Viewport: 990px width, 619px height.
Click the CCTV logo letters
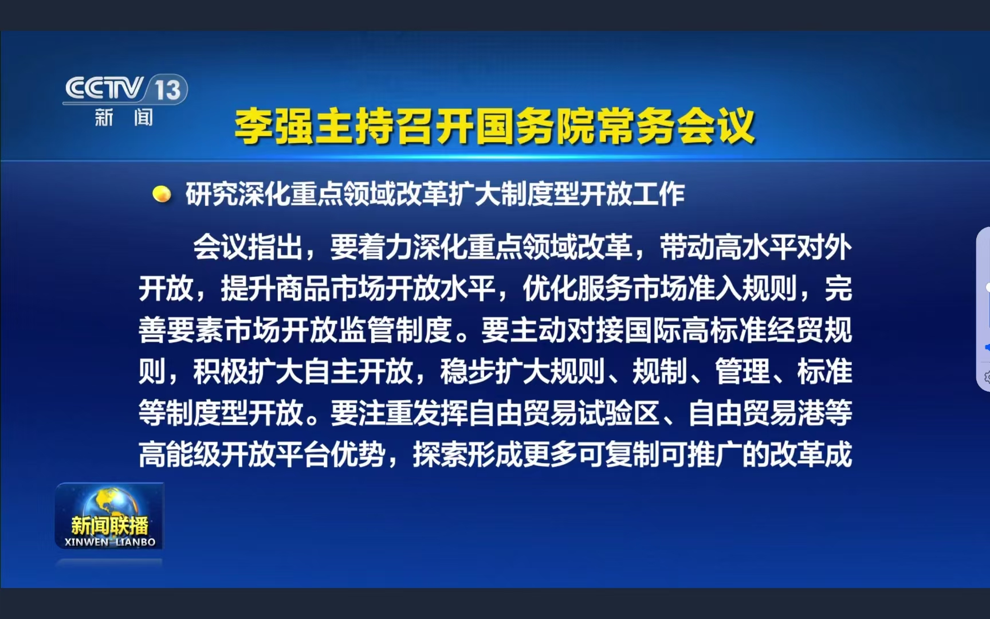coord(104,88)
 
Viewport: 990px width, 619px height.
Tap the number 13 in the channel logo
coord(167,90)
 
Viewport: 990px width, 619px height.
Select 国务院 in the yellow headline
coord(535,126)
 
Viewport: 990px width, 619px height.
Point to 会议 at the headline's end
coord(716,126)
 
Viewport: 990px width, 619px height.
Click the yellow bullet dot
coord(162,194)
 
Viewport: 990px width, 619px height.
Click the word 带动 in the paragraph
coord(687,248)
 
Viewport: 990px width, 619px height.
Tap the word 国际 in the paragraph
coord(653,330)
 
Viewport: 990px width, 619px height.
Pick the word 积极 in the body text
coord(221,371)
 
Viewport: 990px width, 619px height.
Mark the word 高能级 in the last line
coord(179,455)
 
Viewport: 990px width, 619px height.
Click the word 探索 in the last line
coord(440,455)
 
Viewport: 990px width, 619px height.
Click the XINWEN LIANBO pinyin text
coord(110,542)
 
